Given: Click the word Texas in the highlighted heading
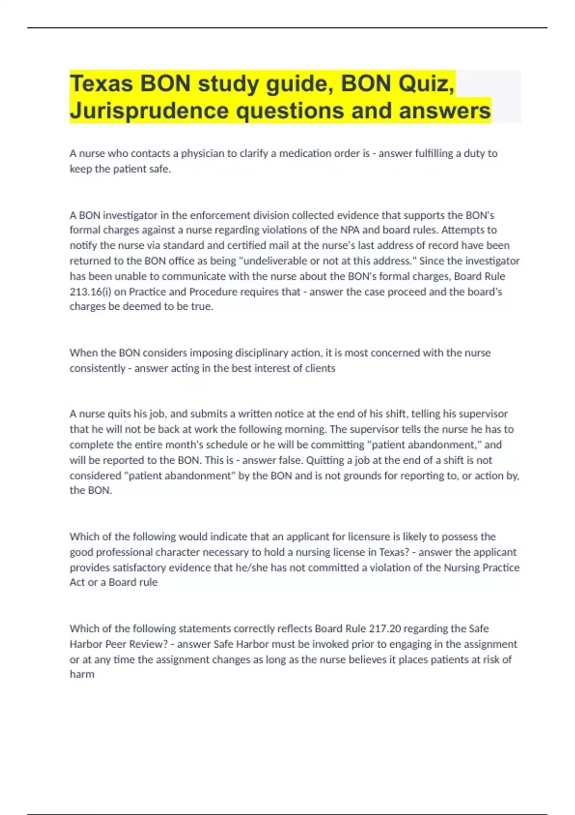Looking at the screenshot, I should [x=101, y=84].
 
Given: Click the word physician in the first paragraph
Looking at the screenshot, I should [x=203, y=153].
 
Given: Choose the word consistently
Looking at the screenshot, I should [x=97, y=368].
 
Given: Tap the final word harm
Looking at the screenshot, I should [x=82, y=675].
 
